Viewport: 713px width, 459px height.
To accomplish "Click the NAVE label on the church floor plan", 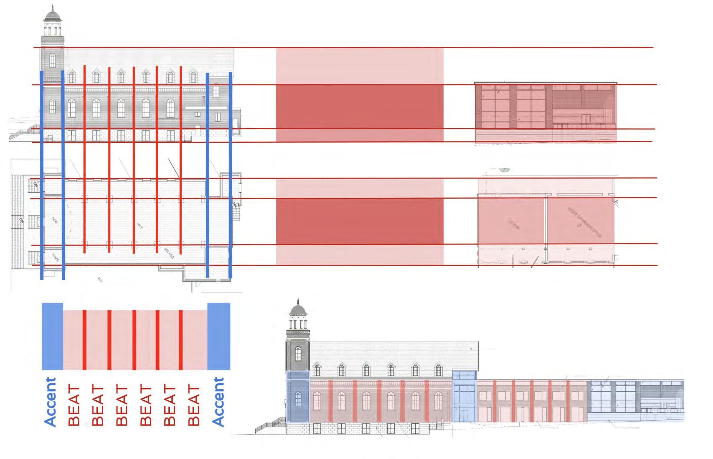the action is pyautogui.click(x=140, y=226).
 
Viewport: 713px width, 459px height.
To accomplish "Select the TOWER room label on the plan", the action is pyautogui.click(x=56, y=257).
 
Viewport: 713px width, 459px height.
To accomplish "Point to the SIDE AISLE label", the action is pyautogui.click(x=169, y=255).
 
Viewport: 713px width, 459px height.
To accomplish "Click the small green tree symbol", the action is pyautogui.click(x=503, y=170).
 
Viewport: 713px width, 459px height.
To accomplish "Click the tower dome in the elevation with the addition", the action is pyautogui.click(x=298, y=310).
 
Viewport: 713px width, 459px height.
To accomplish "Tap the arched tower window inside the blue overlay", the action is pyautogui.click(x=298, y=399).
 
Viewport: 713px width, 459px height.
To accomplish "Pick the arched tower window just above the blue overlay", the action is pyautogui.click(x=298, y=354).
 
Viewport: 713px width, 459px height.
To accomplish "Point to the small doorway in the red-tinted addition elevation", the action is pyautogui.click(x=586, y=119).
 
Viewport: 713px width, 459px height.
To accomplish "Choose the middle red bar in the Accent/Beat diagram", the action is pyautogui.click(x=134, y=340).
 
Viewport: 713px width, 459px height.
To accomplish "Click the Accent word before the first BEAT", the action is pyautogui.click(x=51, y=402).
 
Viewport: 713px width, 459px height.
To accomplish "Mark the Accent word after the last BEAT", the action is pyautogui.click(x=218, y=402).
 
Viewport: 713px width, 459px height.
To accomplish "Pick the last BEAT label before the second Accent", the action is pyautogui.click(x=194, y=405).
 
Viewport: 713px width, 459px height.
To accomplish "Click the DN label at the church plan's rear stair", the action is pyautogui.click(x=235, y=204).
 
